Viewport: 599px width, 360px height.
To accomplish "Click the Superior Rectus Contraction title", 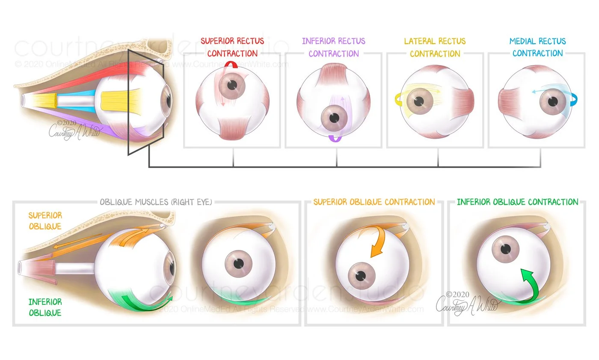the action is click(232, 48).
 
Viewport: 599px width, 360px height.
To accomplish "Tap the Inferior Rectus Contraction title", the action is click(334, 48).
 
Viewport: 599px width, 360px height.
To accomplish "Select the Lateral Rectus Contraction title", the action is click(435, 48).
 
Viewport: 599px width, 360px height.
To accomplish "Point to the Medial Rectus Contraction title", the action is click(537, 48).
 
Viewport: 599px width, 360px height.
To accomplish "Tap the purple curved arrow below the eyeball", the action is click(334, 138).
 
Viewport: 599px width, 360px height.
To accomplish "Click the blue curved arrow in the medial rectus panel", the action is click(573, 100).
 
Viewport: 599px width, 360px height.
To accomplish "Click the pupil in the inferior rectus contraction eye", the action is click(334, 117).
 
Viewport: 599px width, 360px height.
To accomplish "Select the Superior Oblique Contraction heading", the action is click(374, 202).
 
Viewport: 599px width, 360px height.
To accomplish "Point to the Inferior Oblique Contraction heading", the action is click(517, 202).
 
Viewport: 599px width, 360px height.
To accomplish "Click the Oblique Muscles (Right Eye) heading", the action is click(156, 202).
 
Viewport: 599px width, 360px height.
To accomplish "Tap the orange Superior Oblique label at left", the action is click(45, 221).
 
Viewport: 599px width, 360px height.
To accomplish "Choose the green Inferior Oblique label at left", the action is click(45, 307).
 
